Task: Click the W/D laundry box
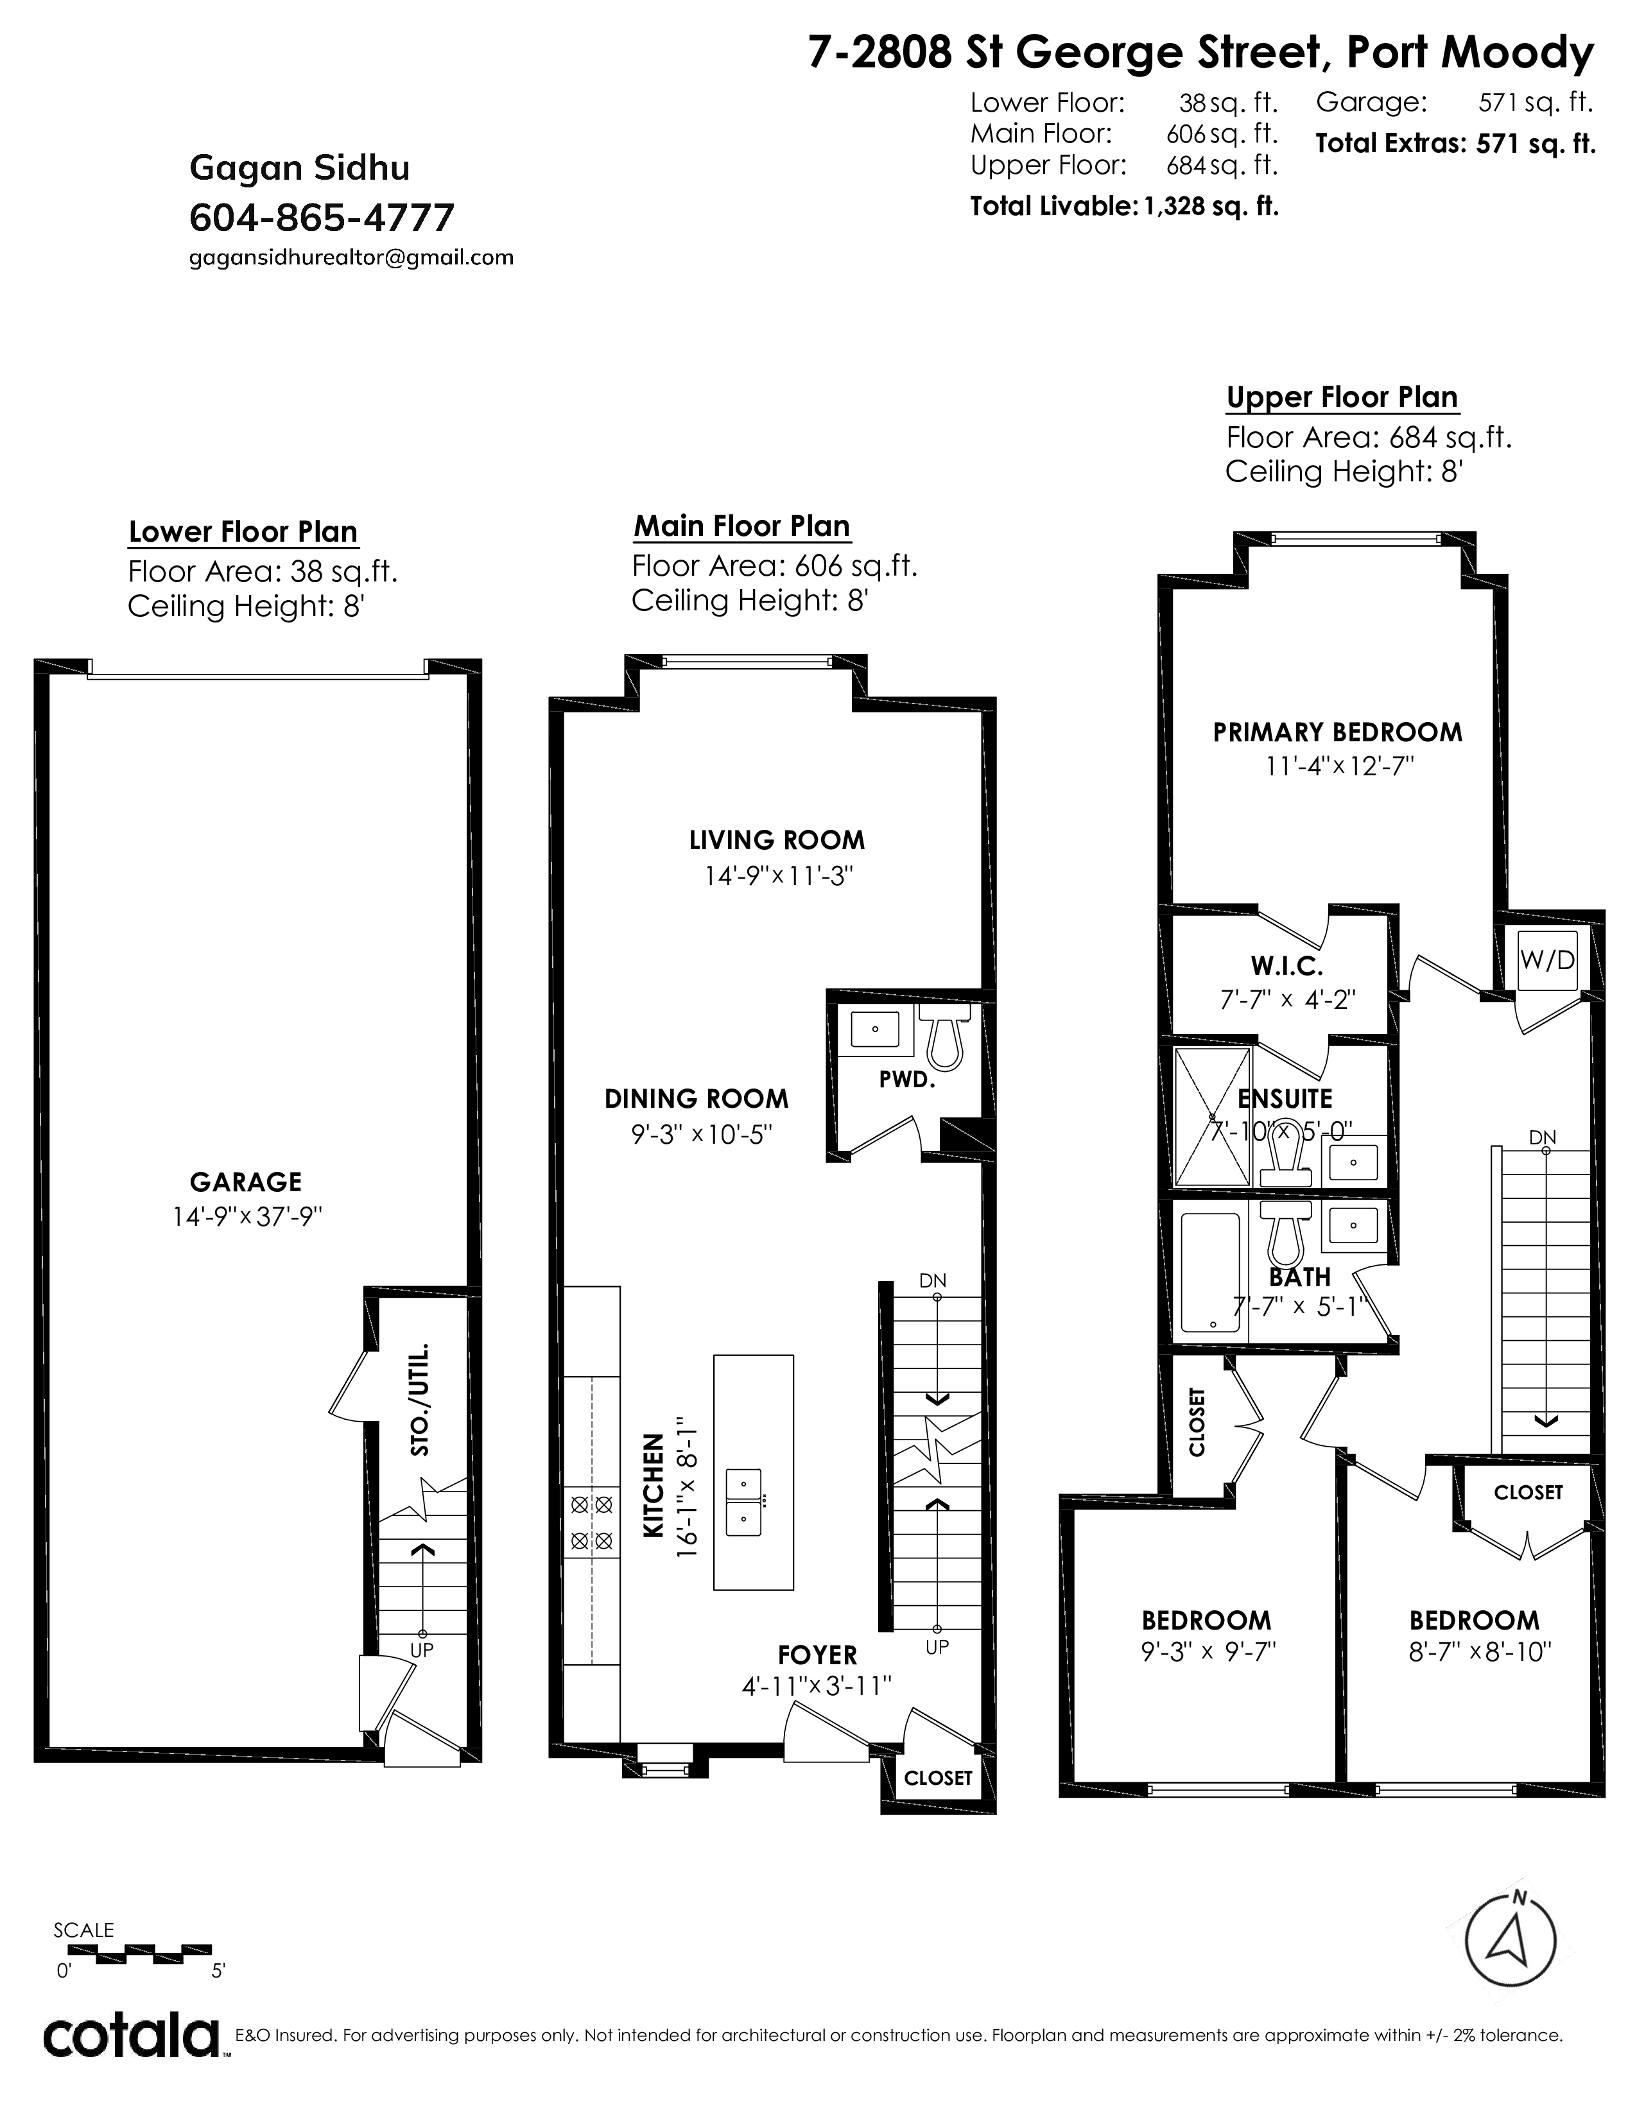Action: pyautogui.click(x=1548, y=960)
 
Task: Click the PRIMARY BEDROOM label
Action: pyautogui.click(x=1337, y=732)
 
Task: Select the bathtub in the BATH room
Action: pyautogui.click(x=1211, y=1272)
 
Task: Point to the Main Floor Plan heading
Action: pyautogui.click(x=742, y=526)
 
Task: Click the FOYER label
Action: pyautogui.click(x=817, y=1655)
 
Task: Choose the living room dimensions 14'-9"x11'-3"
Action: pyautogui.click(x=779, y=875)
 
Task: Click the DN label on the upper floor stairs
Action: pyautogui.click(x=1543, y=1137)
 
